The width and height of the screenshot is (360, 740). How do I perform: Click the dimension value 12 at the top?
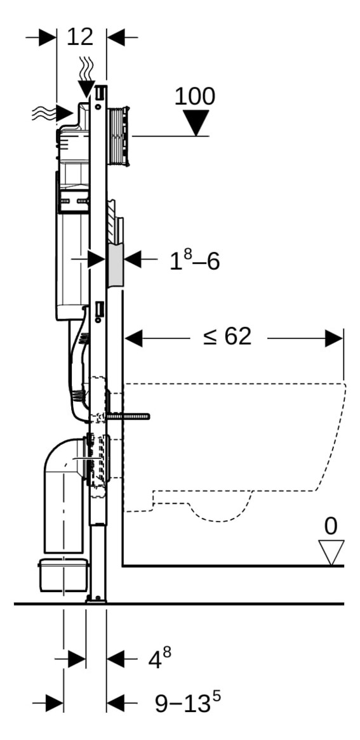(80, 37)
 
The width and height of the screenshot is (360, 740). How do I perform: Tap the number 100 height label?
(194, 96)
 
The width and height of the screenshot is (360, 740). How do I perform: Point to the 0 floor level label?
(331, 526)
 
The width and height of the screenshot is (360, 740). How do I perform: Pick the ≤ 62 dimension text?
(227, 337)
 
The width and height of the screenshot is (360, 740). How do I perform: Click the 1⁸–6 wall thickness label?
(194, 261)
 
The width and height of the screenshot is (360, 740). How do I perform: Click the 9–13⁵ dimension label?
(188, 703)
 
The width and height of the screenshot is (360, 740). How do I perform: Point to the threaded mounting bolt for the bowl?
(130, 416)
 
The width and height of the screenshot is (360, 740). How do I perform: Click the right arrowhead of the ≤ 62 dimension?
(335, 338)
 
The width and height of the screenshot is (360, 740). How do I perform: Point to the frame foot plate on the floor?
(97, 598)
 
